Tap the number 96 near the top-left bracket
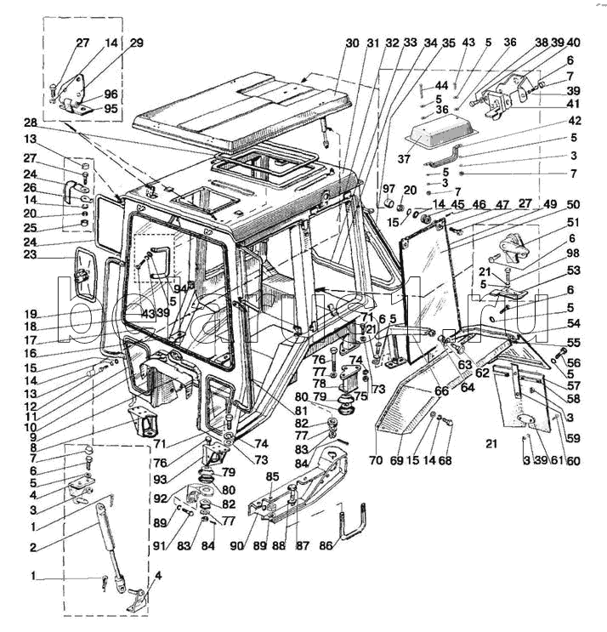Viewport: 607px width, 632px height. click(x=111, y=94)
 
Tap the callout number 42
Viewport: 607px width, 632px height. click(x=574, y=121)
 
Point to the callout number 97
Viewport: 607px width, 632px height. click(x=388, y=188)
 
